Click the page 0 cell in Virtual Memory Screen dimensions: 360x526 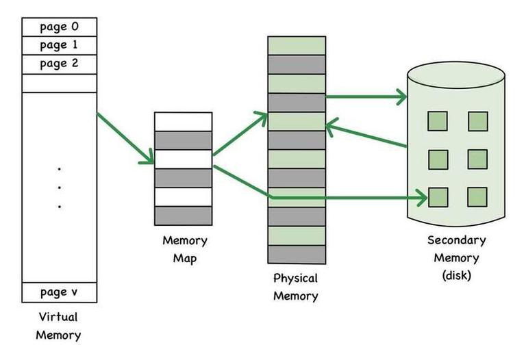[x=60, y=27]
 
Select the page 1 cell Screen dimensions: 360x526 [x=60, y=45]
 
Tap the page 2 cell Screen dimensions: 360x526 [x=60, y=64]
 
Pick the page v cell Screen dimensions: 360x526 [x=60, y=292]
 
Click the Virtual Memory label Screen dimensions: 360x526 [x=58, y=326]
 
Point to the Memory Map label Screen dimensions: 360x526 [x=184, y=250]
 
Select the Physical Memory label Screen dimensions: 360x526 [x=296, y=287]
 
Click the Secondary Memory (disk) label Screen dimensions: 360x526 [x=456, y=258]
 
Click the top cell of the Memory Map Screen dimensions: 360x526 [x=183, y=121]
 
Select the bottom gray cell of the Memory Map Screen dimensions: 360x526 [x=183, y=216]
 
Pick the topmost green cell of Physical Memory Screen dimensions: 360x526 [x=296, y=45]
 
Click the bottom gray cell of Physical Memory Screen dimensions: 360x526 [x=296, y=254]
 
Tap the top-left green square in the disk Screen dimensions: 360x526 [x=438, y=121]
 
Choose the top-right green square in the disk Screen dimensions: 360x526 [x=477, y=121]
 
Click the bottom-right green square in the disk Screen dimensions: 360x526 [x=477, y=197]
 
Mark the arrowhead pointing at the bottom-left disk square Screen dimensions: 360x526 [x=422, y=198]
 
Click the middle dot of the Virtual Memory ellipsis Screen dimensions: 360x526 [x=60, y=187]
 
